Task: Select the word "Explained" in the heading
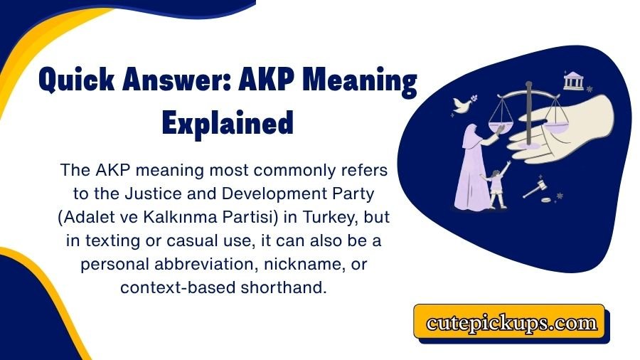tap(228, 123)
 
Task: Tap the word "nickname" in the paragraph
tap(299, 264)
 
